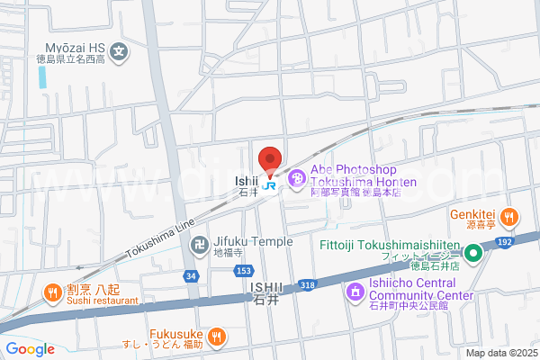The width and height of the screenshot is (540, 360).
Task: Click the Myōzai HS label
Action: click(x=79, y=47)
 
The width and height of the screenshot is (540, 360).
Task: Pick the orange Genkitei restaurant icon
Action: click(x=508, y=216)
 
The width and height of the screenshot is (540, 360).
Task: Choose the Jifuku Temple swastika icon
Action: click(x=201, y=243)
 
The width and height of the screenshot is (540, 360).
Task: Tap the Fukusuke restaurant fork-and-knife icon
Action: click(x=216, y=337)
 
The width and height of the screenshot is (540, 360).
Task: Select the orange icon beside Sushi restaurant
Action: click(x=53, y=292)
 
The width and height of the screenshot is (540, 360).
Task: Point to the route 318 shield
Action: click(x=307, y=285)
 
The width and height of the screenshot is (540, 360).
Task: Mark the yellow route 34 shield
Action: click(x=191, y=274)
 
